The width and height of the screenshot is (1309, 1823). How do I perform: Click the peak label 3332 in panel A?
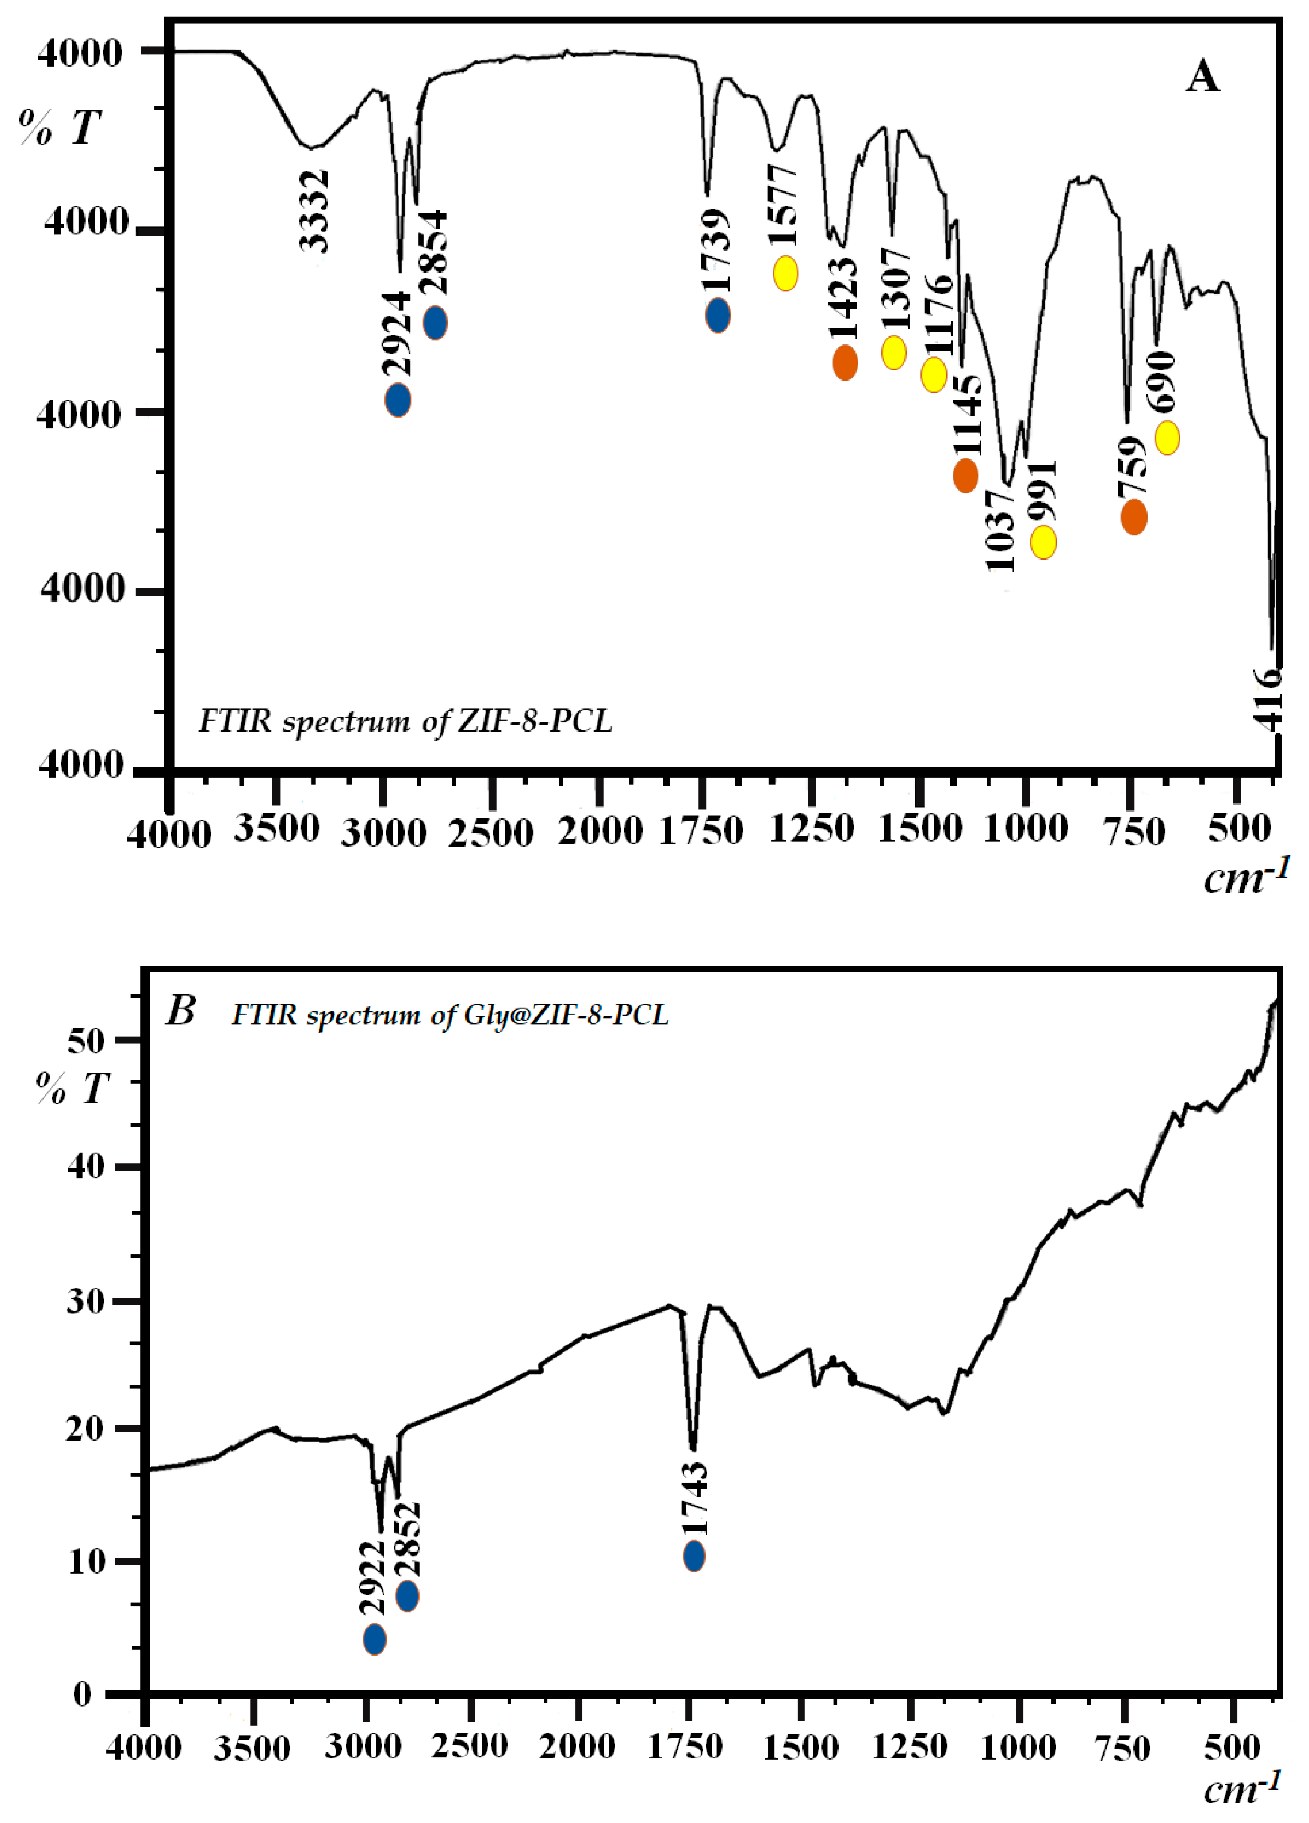(x=314, y=210)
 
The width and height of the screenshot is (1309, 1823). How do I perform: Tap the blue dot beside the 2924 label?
(x=398, y=400)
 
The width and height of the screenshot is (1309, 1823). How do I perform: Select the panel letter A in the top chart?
(x=1202, y=78)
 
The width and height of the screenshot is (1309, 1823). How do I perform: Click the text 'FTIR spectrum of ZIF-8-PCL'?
(x=405, y=721)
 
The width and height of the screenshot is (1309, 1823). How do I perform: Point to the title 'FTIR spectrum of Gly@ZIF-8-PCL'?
(x=450, y=1015)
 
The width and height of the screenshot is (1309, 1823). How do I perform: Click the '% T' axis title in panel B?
(x=72, y=1089)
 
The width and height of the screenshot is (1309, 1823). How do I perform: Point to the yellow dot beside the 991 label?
(x=1043, y=542)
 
